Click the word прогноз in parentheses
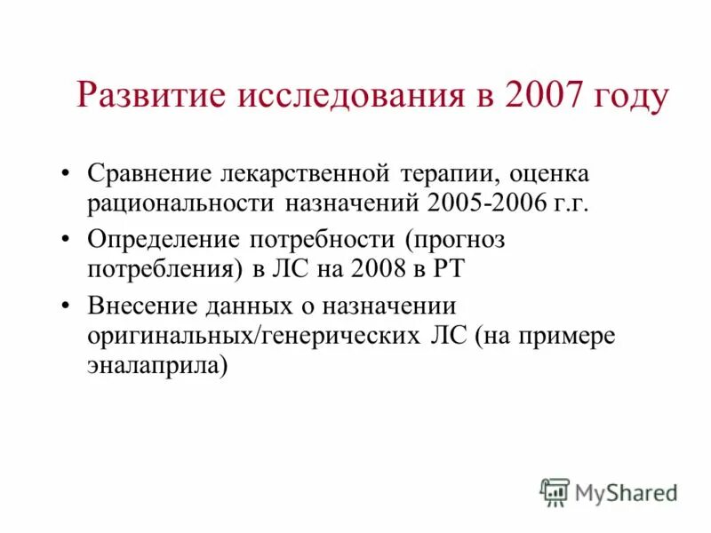coord(468,238)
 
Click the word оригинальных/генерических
coord(253,338)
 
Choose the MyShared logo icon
coord(555,491)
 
